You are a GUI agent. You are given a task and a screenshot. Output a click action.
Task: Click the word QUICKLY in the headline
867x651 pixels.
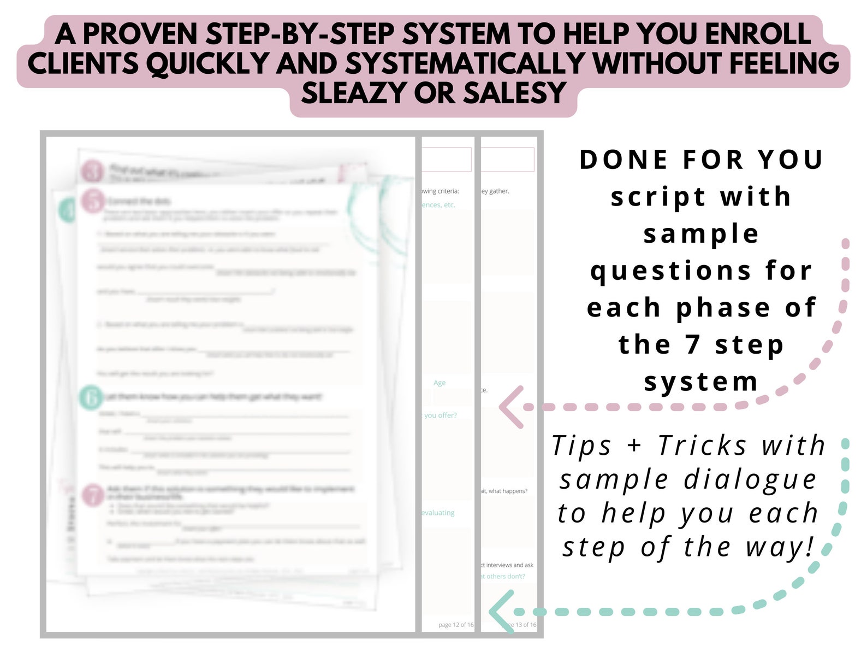[207, 63]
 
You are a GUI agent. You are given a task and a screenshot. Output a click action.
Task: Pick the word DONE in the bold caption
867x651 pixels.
[624, 160]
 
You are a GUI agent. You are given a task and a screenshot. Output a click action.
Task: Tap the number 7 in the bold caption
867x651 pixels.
[693, 344]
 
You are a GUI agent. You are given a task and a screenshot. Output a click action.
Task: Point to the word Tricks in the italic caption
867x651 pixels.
[702, 445]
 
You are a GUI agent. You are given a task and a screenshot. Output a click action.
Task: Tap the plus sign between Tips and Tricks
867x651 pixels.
[634, 445]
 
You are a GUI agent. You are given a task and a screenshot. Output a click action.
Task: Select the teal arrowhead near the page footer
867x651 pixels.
[501, 612]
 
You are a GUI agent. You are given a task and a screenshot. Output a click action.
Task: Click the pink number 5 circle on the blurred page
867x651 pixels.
[93, 201]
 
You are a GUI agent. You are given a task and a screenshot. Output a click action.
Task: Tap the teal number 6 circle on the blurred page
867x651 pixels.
[91, 397]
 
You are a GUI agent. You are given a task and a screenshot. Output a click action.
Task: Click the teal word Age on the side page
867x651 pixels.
[440, 383]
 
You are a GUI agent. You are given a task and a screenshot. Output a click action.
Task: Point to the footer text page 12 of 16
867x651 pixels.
[456, 625]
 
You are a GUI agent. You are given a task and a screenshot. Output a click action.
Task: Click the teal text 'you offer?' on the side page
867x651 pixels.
[441, 415]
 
